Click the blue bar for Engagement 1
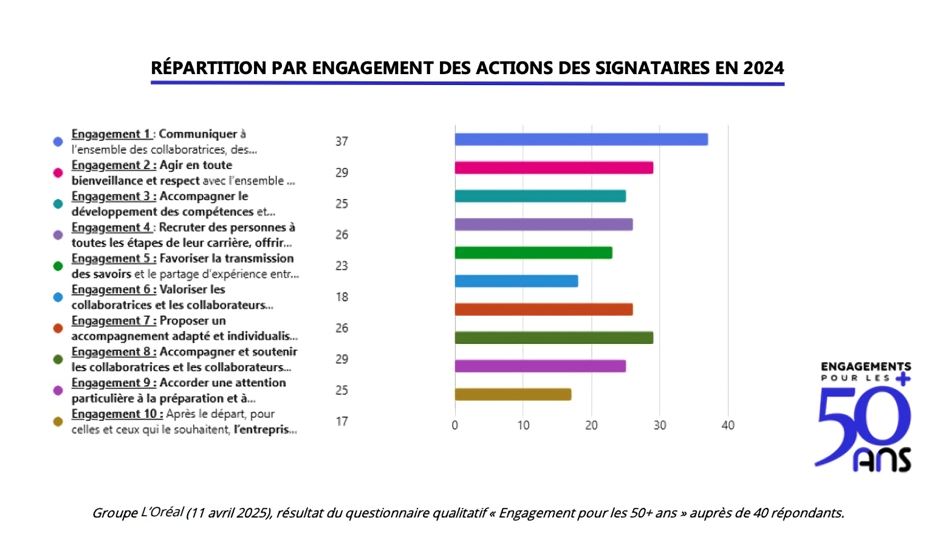click(581, 139)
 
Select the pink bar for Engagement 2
click(554, 168)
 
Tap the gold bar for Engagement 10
click(513, 394)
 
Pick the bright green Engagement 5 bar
click(533, 253)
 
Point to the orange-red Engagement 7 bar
click(543, 309)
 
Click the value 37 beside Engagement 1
click(341, 142)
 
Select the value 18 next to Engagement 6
click(341, 297)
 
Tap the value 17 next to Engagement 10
click(341, 421)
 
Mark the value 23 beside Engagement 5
click(341, 265)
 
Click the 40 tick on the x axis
click(727, 425)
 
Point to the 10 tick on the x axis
click(523, 425)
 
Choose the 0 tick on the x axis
click(454, 425)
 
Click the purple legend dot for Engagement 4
click(58, 235)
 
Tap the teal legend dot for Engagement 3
click(58, 204)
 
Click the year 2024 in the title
click(763, 68)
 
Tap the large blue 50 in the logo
click(863, 419)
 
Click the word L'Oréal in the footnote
click(162, 512)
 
